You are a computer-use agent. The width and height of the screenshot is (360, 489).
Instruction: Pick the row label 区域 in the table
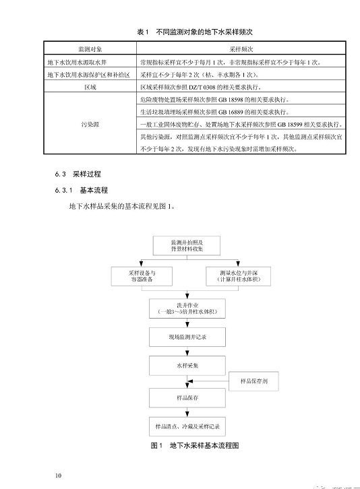point(90,88)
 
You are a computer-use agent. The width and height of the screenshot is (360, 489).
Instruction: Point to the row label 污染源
point(90,124)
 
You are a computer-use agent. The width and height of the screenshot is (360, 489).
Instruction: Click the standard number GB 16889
point(241,112)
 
